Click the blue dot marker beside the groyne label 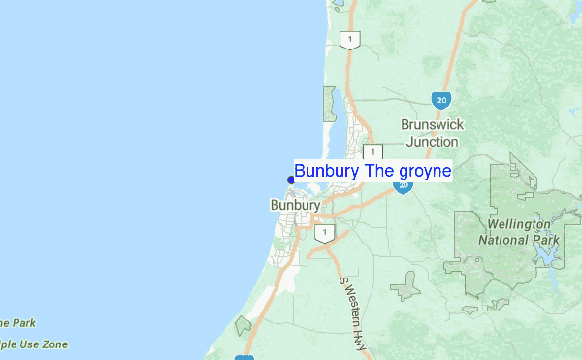291,179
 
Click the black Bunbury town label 294,206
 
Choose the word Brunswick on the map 433,125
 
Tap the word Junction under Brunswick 433,141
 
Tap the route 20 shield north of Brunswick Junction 441,100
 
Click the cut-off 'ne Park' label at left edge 17,323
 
